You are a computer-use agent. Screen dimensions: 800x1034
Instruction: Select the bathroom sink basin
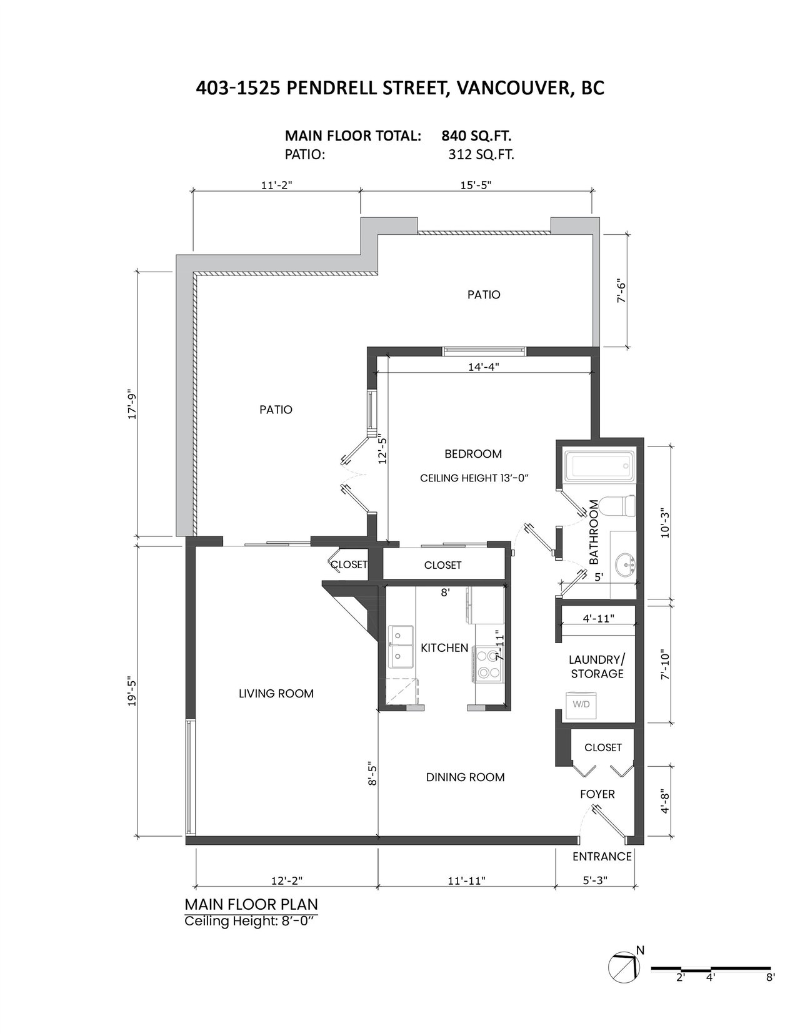[x=625, y=565]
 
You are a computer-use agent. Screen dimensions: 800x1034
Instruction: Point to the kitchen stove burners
[x=488, y=664]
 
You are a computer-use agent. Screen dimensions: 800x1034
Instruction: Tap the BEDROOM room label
[x=473, y=454]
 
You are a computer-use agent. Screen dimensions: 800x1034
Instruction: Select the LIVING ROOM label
[x=276, y=693]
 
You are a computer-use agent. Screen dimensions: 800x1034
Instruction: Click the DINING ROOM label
[x=465, y=777]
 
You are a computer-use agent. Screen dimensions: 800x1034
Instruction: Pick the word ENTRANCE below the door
[x=602, y=857]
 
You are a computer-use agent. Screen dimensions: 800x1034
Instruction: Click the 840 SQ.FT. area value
[x=476, y=136]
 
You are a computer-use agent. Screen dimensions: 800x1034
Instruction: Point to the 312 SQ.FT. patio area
[x=481, y=155]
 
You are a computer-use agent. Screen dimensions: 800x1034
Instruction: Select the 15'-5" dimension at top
[x=476, y=185]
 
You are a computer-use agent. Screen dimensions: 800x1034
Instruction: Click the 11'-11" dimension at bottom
[x=467, y=880]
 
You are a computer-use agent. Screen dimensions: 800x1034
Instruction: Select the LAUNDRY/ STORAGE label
[x=597, y=667]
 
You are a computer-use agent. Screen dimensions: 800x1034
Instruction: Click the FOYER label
[x=597, y=794]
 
